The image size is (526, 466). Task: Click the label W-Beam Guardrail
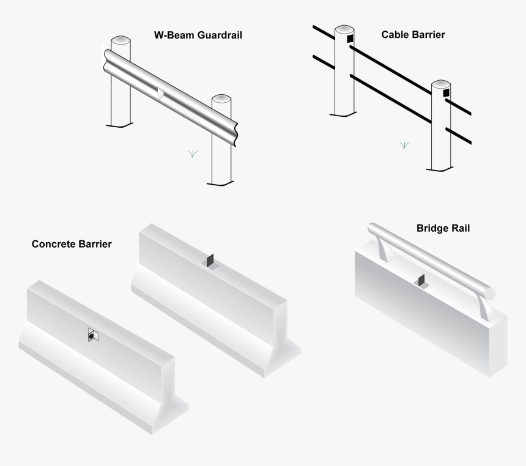[x=198, y=35]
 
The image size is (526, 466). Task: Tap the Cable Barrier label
[x=413, y=35]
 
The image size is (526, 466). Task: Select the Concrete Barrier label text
[x=72, y=244]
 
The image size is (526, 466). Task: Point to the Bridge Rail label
[x=443, y=229]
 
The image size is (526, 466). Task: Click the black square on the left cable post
[x=350, y=39]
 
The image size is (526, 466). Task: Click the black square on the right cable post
[x=446, y=93]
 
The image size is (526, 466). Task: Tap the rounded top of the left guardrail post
[x=120, y=42]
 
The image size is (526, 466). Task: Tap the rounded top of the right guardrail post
[x=221, y=99]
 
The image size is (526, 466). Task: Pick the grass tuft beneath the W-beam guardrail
[x=193, y=153]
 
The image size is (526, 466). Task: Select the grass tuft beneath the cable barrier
[x=404, y=145]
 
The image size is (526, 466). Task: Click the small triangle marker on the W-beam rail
[x=161, y=94]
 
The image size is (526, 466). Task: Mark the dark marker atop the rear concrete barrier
[x=210, y=261]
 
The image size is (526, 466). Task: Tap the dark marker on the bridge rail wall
[x=421, y=280]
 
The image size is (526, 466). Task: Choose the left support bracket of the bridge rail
[x=383, y=246]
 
